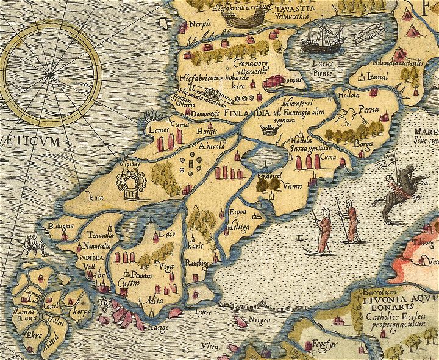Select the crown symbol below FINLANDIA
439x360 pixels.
point(267,129)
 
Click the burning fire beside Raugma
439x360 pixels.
point(30,246)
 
